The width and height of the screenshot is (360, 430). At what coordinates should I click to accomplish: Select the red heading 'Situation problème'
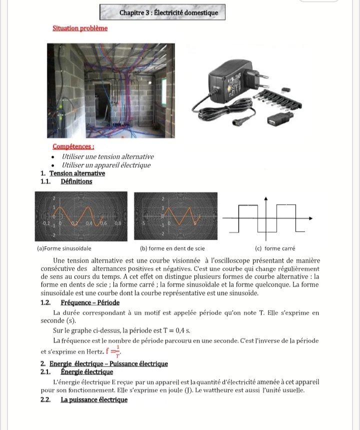coord(80,28)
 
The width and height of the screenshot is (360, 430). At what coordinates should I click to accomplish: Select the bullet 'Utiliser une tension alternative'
coord(107,157)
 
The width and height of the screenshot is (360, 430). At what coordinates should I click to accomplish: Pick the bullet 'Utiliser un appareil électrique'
coord(105,165)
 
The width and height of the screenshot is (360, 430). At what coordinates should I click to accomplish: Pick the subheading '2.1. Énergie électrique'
coord(77,372)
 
